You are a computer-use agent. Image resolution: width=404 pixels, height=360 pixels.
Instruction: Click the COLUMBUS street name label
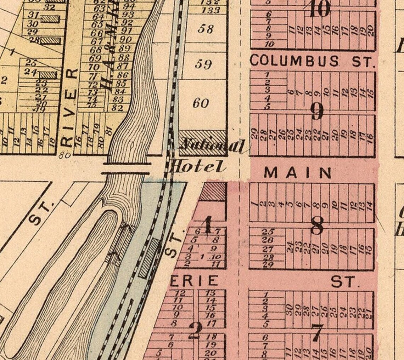click(x=294, y=61)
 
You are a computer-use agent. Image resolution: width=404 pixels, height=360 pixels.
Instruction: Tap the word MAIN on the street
click(x=298, y=173)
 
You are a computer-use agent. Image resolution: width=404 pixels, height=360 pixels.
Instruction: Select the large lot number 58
click(x=205, y=29)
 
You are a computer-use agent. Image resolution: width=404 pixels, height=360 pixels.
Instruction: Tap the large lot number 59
click(x=203, y=64)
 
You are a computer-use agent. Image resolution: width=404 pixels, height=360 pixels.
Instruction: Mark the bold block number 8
click(x=316, y=225)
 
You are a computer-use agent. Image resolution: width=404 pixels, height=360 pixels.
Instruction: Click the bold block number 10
click(x=319, y=8)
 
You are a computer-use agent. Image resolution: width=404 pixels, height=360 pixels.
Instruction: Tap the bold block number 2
click(x=195, y=331)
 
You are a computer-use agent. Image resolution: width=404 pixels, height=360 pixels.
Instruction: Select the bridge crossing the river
click(x=126, y=168)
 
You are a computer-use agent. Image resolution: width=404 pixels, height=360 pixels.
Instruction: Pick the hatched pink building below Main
click(x=214, y=192)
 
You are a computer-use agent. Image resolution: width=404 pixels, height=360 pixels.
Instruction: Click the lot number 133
click(x=211, y=10)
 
